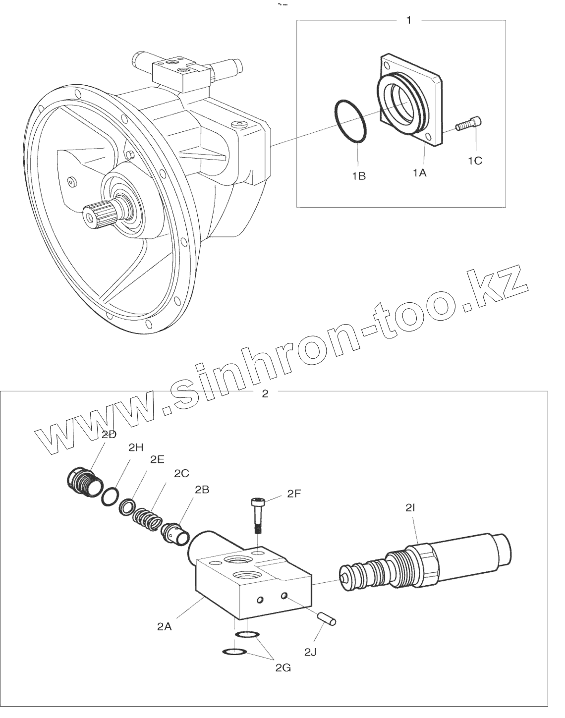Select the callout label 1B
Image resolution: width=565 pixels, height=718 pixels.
point(359,175)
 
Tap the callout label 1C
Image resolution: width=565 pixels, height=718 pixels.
point(475,161)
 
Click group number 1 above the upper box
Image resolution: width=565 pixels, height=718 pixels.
point(408,20)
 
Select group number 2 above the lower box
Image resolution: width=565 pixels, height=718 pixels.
point(265,394)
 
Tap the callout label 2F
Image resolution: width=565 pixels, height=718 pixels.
point(294,493)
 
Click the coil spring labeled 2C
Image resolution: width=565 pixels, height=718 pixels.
point(146,519)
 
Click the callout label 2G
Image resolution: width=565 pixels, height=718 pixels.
point(283,668)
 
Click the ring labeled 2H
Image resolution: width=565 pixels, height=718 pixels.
point(110,496)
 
